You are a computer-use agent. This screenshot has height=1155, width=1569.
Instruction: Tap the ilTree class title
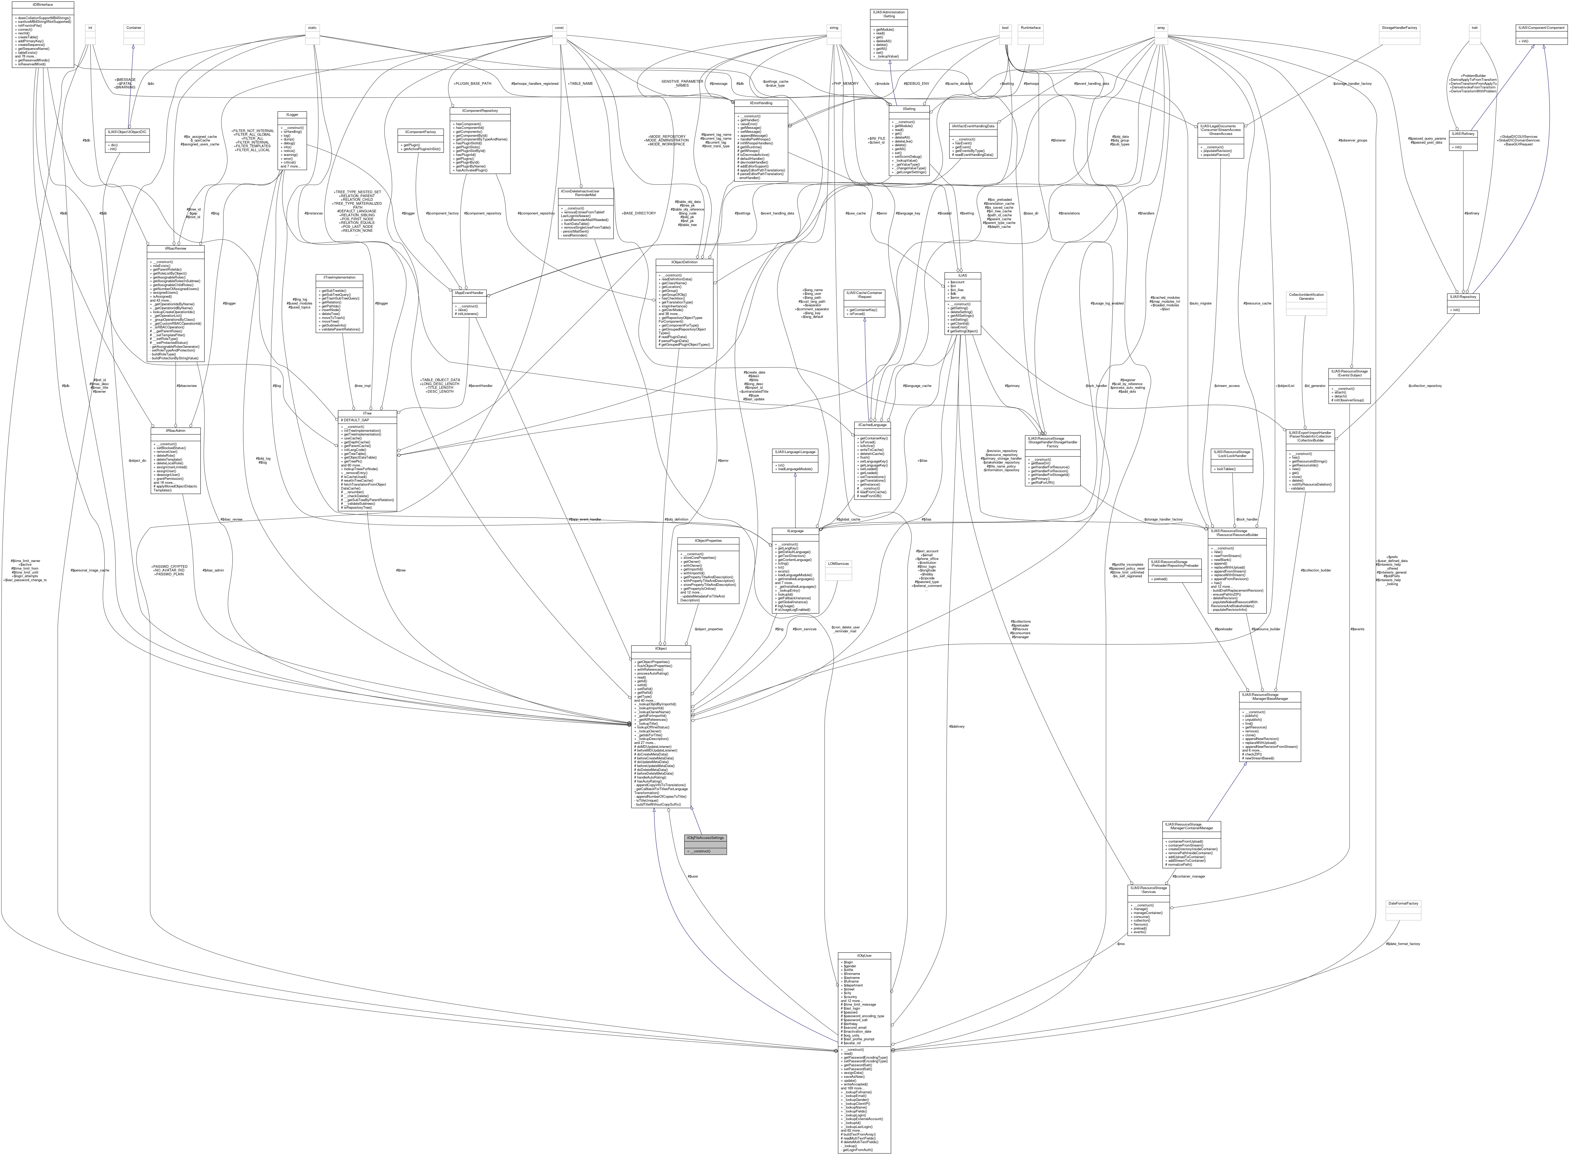[x=367, y=413]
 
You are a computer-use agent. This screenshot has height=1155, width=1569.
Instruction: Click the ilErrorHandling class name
[x=761, y=103]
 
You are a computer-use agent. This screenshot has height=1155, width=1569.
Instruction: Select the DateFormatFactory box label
[x=1403, y=903]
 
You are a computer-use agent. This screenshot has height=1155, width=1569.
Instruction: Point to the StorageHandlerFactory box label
[x=1399, y=28]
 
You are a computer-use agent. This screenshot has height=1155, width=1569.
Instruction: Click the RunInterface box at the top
[x=1030, y=28]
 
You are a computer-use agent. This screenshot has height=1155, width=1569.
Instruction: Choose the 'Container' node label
[x=134, y=28]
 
